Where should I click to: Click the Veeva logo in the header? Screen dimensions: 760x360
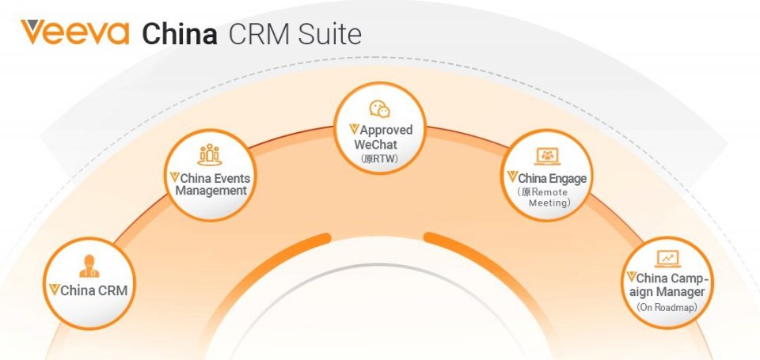pos(75,32)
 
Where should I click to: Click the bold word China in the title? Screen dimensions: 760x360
pos(180,34)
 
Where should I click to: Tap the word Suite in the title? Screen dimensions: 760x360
pos(329,34)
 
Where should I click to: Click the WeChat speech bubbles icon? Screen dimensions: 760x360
pos(379,109)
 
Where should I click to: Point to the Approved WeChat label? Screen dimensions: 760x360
pos(381,137)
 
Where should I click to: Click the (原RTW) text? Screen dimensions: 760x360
pos(379,158)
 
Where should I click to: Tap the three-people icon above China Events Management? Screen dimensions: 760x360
pos(210,154)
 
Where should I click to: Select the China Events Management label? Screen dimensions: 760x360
pos(210,184)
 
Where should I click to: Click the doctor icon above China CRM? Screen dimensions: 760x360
pos(89,266)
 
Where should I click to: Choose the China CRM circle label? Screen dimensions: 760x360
pos(88,290)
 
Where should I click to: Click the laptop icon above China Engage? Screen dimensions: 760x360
pos(547,156)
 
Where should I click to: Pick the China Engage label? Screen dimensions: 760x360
pos(547,178)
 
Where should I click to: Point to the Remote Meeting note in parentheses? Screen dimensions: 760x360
pos(544,198)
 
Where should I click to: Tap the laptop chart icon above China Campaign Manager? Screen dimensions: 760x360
pos(668,259)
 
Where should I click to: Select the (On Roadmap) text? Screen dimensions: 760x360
pos(667,307)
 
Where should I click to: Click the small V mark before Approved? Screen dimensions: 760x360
pos(355,130)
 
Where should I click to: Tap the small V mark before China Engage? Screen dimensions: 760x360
pos(512,177)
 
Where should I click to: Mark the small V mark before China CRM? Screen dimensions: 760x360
pos(55,290)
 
